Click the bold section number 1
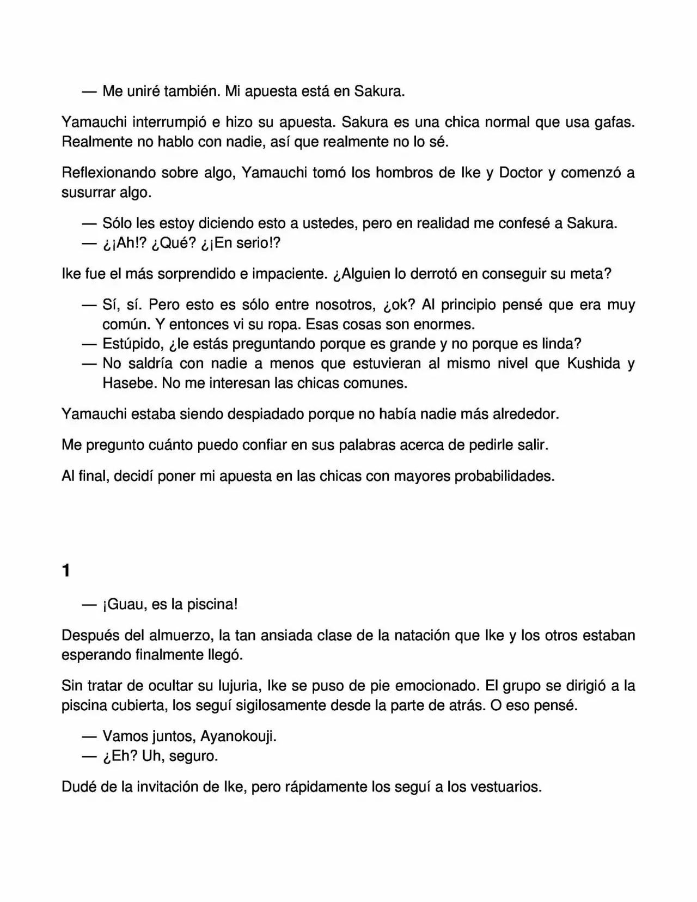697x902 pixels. tap(66, 571)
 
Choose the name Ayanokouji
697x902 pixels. tap(238, 736)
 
